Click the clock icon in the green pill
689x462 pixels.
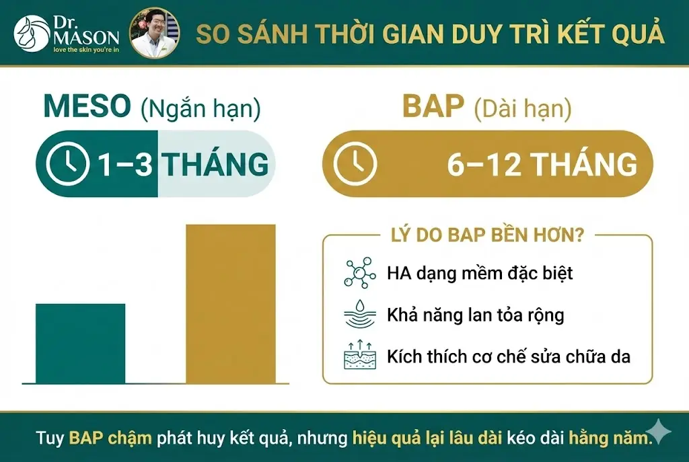tap(68, 164)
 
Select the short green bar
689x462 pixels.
tap(80, 343)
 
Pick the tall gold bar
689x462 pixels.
tap(230, 303)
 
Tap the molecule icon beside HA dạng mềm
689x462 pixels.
tap(360, 273)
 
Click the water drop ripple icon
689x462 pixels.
tap(360, 314)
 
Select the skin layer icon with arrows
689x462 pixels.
tap(360, 355)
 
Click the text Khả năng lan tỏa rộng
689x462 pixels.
tap(475, 315)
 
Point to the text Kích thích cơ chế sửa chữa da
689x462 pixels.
tap(509, 356)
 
